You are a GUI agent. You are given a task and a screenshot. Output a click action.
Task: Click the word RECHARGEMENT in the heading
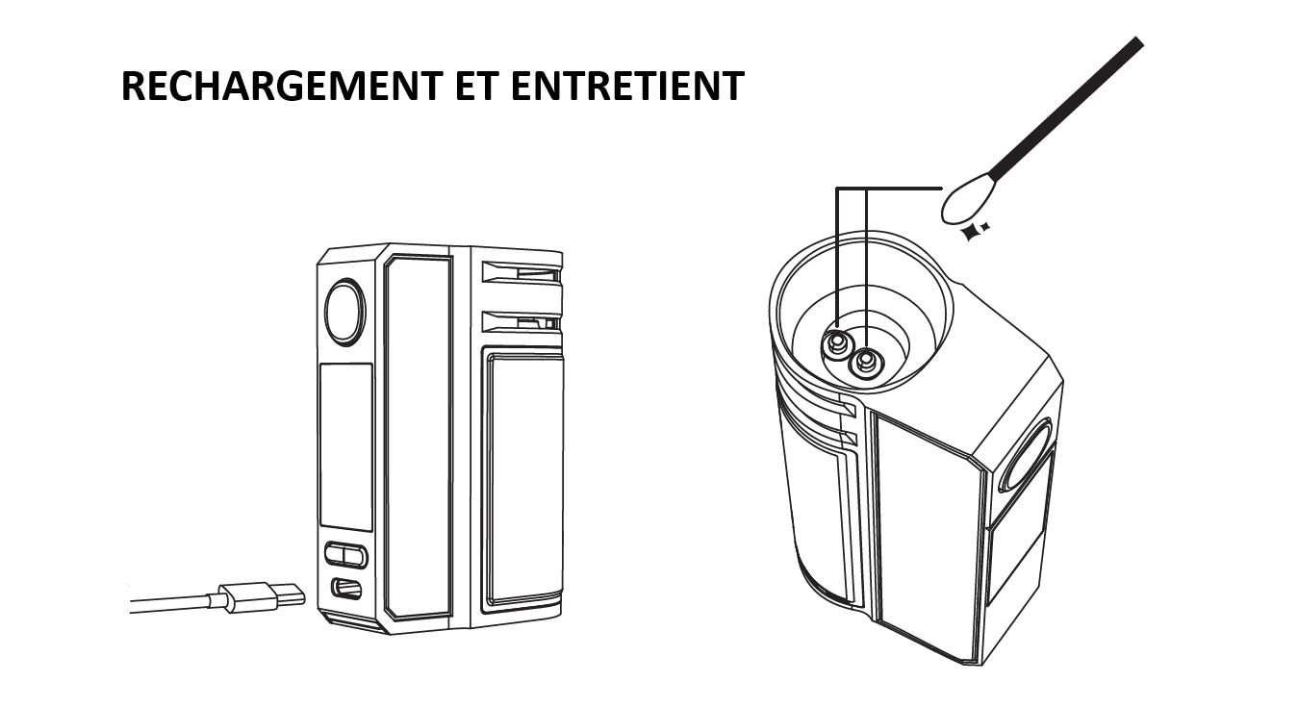pos(282,86)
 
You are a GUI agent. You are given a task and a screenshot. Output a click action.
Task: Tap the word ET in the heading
pos(477,86)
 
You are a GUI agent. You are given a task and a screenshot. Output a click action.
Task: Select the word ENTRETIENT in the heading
pos(627,86)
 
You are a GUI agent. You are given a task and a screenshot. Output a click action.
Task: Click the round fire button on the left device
pos(344,313)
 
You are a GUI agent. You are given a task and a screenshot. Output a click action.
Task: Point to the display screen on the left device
pos(346,446)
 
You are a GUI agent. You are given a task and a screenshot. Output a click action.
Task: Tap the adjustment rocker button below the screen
pos(345,555)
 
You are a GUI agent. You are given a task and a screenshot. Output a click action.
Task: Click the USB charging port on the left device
pos(346,589)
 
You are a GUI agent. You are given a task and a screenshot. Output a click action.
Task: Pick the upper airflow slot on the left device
pos(522,273)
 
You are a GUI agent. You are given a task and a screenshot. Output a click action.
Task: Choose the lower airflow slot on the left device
pos(522,321)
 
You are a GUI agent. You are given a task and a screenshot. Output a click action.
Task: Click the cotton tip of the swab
pos(968,197)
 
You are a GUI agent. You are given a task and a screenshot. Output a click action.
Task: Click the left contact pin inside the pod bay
pos(835,344)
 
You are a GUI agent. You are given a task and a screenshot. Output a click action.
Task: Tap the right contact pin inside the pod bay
pos(866,363)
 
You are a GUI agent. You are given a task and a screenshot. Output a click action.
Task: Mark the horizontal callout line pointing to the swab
pos(889,188)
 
